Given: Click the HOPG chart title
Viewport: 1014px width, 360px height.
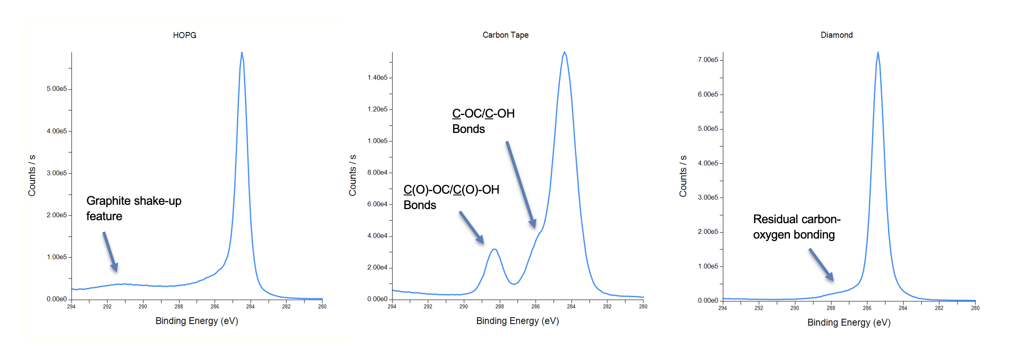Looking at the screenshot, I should [185, 35].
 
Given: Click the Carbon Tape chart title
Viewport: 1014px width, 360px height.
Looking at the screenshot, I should [505, 35].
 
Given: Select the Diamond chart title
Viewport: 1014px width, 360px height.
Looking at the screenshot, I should [837, 35].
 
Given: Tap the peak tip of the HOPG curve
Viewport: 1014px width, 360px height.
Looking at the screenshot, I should [242, 53].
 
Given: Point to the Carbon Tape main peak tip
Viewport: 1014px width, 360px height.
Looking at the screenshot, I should [565, 53].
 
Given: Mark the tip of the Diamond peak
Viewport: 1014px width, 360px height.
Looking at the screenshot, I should [878, 53].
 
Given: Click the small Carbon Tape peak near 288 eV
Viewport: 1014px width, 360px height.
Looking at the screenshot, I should [495, 249].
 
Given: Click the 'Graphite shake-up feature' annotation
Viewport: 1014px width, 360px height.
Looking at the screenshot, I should [134, 208].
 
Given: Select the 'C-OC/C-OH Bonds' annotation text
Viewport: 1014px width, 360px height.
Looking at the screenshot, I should [483, 121].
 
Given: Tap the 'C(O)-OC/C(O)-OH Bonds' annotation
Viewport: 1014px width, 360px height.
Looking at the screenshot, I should [451, 197].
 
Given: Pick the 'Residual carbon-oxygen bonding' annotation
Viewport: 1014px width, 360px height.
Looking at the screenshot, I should [796, 227].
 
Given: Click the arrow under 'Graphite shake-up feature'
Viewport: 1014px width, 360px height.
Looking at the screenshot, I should [110, 252].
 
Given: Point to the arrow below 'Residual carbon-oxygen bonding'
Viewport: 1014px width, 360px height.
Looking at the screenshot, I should [821, 265].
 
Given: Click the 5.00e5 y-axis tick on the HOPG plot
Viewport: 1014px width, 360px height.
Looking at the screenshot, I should [57, 89].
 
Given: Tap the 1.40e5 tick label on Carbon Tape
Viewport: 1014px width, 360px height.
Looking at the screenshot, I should [377, 77].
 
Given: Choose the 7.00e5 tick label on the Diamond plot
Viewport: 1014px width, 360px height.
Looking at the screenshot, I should [708, 60].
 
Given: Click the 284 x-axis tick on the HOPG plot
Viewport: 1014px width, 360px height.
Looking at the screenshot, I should [251, 307].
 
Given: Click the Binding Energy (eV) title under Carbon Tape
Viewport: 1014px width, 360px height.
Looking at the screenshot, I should [518, 321].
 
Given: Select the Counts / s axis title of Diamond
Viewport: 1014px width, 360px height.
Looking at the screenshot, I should [683, 176].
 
